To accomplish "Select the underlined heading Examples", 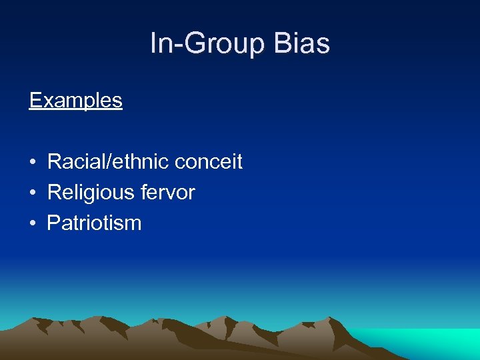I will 76,101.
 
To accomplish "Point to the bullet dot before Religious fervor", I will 32,193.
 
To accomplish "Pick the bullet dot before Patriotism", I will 32,224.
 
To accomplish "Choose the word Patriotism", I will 94,223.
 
